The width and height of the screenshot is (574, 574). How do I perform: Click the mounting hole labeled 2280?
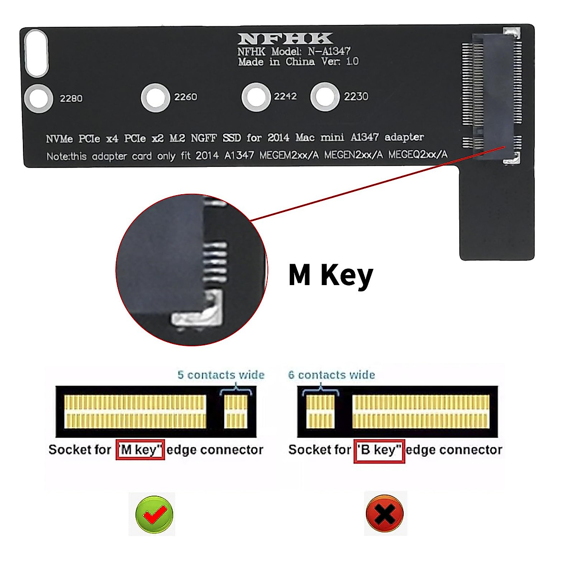[x=38, y=99]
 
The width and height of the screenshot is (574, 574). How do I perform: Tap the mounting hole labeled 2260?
[x=155, y=97]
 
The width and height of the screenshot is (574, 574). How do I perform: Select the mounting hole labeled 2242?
[x=256, y=97]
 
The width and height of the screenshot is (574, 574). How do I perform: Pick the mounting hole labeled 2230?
[x=325, y=97]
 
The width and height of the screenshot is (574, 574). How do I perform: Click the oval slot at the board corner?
[x=36, y=53]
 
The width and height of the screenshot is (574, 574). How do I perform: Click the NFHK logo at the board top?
[x=285, y=39]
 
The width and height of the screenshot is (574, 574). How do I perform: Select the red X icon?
[x=385, y=514]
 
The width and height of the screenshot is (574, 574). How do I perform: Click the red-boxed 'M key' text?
[x=140, y=450]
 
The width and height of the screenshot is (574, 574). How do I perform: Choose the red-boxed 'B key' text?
[x=379, y=450]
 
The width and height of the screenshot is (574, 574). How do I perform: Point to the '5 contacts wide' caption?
[x=221, y=375]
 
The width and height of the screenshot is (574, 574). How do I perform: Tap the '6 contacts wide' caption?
[x=331, y=375]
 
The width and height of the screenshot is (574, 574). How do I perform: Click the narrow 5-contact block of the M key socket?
[x=236, y=411]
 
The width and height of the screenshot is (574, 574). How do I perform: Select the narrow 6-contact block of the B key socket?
[x=320, y=411]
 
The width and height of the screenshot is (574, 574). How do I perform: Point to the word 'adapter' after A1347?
[x=404, y=137]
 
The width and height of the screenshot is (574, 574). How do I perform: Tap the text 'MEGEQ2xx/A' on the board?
[x=418, y=155]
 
